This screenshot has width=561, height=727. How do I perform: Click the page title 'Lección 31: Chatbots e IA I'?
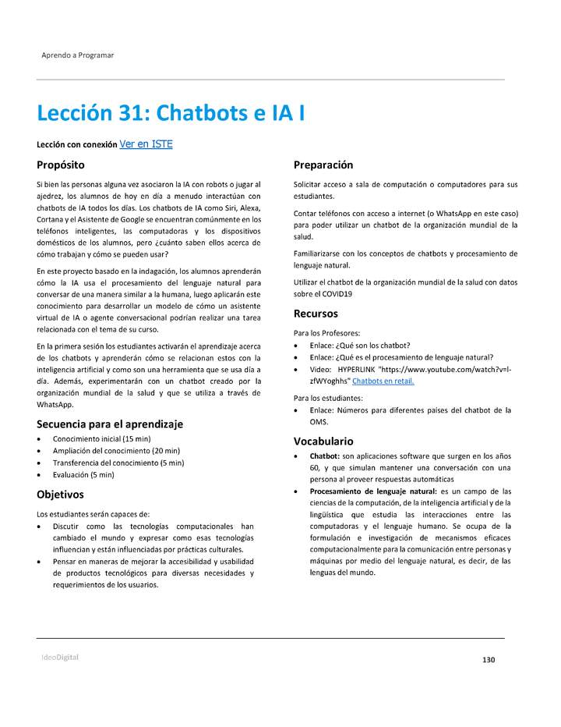click(x=171, y=114)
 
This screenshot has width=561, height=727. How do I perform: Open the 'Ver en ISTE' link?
click(x=146, y=144)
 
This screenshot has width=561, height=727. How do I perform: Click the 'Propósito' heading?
click(x=61, y=165)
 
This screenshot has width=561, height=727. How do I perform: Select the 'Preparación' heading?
click(x=323, y=165)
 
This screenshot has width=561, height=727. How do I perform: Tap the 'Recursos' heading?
click(x=316, y=314)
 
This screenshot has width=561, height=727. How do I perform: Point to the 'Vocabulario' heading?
click(x=323, y=441)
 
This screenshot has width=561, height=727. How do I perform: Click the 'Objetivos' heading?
click(x=60, y=495)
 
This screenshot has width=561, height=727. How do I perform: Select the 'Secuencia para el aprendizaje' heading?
click(x=110, y=424)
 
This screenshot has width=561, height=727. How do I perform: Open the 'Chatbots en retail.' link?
click(x=383, y=381)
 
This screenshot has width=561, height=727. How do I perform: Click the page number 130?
click(x=489, y=660)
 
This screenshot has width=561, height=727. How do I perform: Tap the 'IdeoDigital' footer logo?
click(x=60, y=657)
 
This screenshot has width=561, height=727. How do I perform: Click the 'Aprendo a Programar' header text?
click(x=77, y=55)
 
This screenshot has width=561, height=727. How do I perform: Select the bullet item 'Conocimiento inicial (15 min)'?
click(x=101, y=439)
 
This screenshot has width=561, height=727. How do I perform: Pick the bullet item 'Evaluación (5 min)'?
click(x=83, y=474)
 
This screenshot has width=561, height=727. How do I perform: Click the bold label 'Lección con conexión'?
click(x=76, y=145)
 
